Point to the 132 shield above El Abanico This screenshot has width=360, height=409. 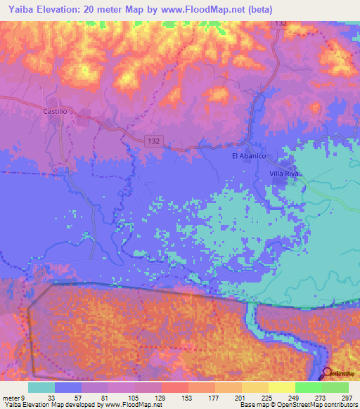click(281, 24)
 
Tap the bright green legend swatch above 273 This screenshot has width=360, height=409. click(308, 387)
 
